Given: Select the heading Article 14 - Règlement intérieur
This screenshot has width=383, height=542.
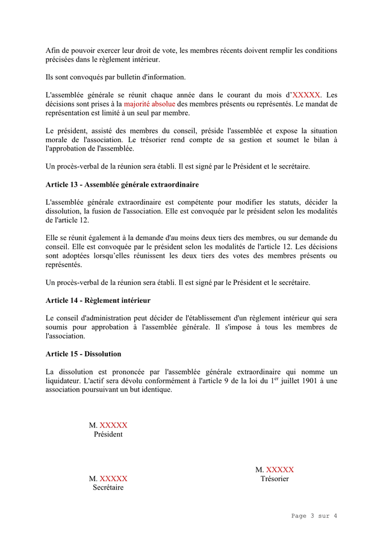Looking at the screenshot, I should tap(98, 300).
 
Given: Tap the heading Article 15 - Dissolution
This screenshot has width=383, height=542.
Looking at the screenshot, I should tap(83, 354).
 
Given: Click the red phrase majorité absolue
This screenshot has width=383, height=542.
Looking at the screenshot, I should tap(149, 104).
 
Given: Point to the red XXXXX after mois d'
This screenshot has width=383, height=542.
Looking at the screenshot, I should tap(307, 95).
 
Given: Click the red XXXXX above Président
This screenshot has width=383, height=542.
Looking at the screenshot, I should tap(113, 425).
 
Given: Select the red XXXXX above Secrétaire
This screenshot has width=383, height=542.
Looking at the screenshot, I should tap(113, 479).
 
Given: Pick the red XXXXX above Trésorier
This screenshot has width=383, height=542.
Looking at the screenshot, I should tap(280, 470).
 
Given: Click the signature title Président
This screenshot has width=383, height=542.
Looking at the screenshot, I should tap(108, 434).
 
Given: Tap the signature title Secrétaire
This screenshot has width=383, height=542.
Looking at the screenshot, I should tap(108, 488).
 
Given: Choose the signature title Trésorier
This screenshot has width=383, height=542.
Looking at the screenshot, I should tap(275, 479).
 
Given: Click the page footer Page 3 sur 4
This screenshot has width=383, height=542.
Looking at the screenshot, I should tap(314, 516).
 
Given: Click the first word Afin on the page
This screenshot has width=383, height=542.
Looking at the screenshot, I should tap(53, 51).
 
